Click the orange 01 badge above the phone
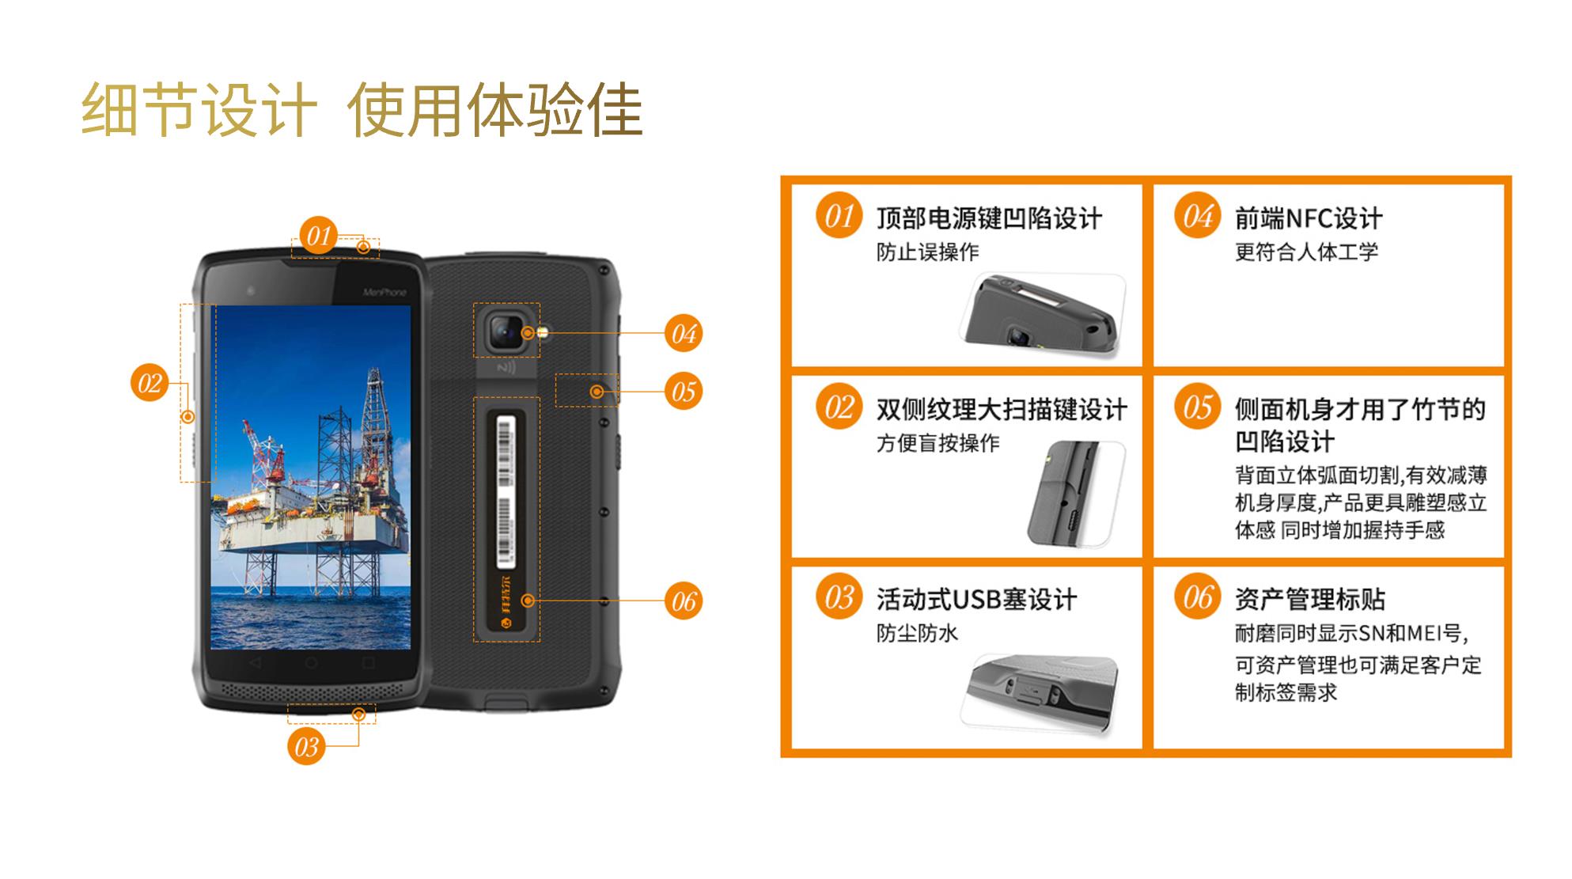coord(318,235)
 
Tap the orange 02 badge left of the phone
coord(150,383)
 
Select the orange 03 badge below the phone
coord(306,746)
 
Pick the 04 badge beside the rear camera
coord(684,333)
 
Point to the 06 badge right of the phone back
coord(684,601)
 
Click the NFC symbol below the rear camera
coord(506,368)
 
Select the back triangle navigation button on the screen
coord(255,661)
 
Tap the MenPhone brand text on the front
coord(384,293)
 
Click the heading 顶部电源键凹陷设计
coord(989,218)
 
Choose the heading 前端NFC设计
coord(1309,218)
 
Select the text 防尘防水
coord(917,633)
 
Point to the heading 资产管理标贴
coord(1310,600)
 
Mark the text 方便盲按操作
coord(938,443)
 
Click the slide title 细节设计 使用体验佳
coord(362,109)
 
